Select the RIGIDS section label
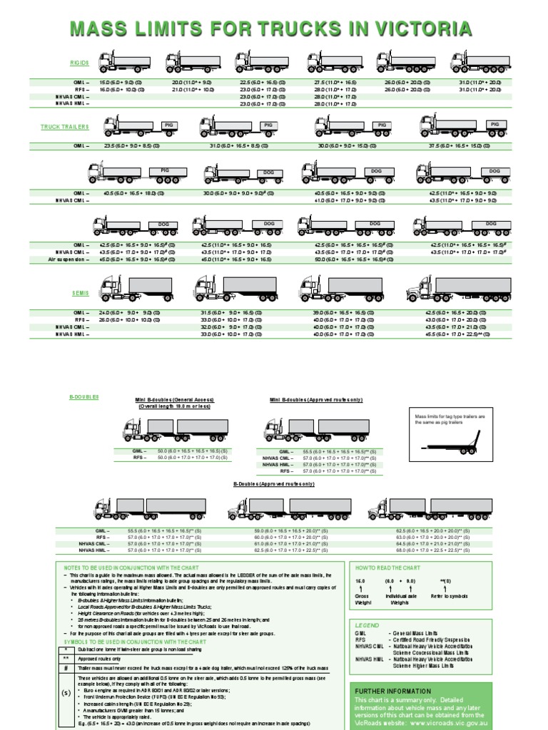click(x=79, y=63)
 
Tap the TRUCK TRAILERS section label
click(x=64, y=127)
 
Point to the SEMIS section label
click(x=79, y=293)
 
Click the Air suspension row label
click(x=70, y=259)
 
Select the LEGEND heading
click(x=367, y=624)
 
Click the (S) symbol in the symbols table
click(x=66, y=692)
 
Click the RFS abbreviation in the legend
click(x=360, y=639)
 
